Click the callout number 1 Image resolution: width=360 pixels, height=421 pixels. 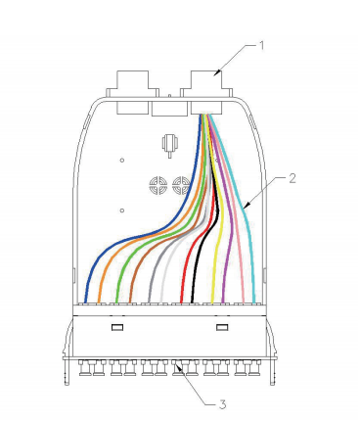261,46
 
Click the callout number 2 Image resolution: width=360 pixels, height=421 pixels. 292,178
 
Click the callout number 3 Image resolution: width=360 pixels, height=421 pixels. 222,404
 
